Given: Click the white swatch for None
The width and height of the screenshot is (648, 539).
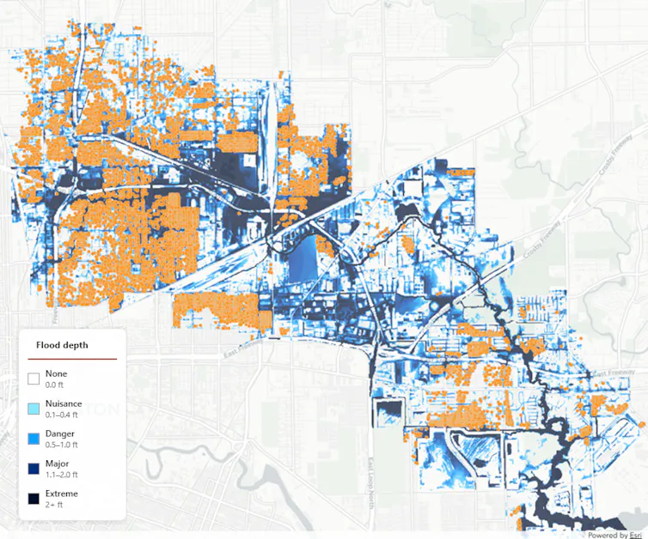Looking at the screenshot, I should click(34, 379).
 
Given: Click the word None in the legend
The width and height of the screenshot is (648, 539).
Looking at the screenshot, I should click(56, 374).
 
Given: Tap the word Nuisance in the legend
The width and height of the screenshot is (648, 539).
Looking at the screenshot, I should click(63, 403).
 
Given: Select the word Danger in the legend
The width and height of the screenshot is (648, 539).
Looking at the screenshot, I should click(59, 433).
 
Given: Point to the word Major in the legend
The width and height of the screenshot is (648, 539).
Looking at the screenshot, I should click(58, 463).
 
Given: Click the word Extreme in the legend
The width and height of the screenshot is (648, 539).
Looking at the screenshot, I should click(61, 494).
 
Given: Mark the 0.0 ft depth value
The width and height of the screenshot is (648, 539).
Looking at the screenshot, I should click(55, 385).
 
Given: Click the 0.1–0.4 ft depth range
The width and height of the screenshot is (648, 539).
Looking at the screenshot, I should click(62, 415).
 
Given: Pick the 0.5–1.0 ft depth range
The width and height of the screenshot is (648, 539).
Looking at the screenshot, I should click(62, 445).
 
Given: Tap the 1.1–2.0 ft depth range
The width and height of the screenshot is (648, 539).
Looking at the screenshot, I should click(62, 475).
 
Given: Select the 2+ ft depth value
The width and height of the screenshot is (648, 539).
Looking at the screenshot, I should click(54, 505).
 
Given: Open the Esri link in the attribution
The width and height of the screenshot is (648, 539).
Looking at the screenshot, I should click(636, 534).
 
